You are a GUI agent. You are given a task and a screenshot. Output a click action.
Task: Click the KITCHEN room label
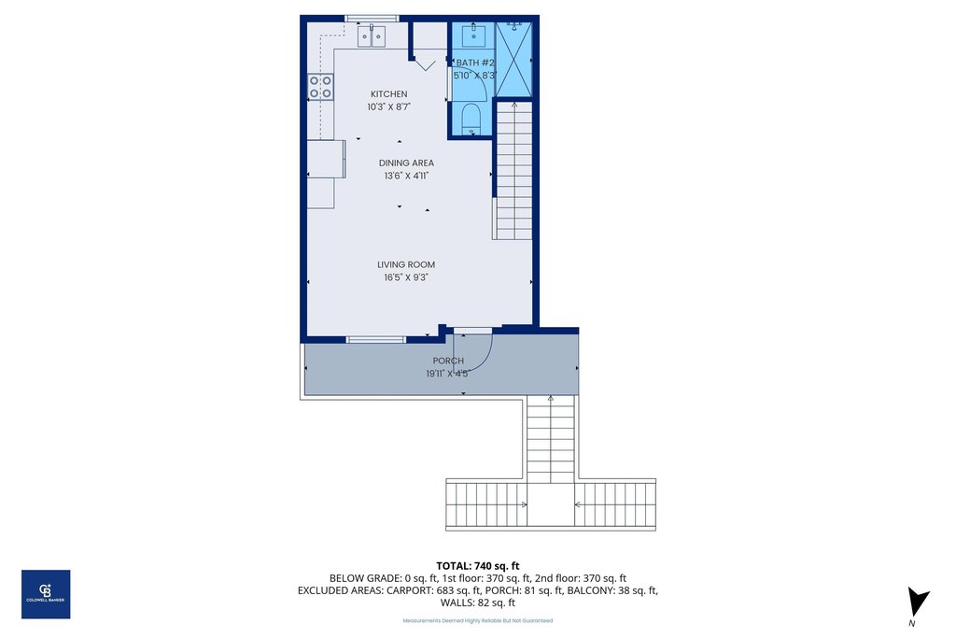[x=388, y=94]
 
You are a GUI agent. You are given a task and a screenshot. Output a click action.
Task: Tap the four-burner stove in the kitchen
[x=320, y=87]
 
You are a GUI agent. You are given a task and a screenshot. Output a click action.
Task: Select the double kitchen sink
[x=372, y=36]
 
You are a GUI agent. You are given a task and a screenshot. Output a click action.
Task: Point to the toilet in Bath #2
[x=471, y=120]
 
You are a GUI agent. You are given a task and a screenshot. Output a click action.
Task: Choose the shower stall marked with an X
[x=513, y=58]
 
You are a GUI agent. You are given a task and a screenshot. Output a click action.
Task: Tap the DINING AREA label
[x=406, y=163]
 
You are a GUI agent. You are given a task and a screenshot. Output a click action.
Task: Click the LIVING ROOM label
[x=406, y=264]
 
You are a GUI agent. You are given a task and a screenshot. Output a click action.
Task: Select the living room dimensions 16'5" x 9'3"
[x=406, y=276]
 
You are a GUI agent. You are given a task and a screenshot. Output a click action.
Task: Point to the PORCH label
[x=448, y=361]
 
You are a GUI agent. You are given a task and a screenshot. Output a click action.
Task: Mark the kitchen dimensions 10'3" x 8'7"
[x=388, y=107]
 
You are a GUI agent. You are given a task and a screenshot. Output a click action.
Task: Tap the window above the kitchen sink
[x=372, y=18]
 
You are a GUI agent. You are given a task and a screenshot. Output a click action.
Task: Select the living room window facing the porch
[x=376, y=339]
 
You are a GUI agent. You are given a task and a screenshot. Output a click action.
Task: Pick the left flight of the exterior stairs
[x=485, y=504]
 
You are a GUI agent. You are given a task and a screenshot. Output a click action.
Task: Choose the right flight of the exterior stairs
[x=614, y=504]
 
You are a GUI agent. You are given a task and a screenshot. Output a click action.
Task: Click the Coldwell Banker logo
[x=46, y=594]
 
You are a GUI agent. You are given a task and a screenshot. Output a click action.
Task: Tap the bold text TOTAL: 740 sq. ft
[x=477, y=565]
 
